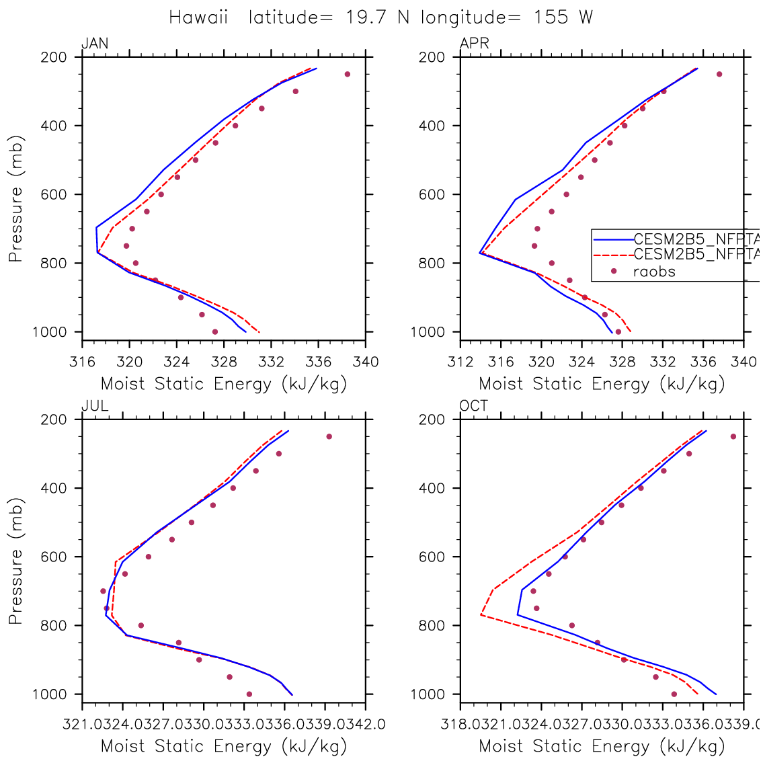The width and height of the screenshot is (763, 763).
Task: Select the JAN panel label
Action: (x=95, y=44)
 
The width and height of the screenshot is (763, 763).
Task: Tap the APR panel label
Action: (x=474, y=44)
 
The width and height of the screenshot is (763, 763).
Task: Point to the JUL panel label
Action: (x=95, y=406)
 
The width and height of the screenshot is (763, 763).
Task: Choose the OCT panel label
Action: (x=474, y=406)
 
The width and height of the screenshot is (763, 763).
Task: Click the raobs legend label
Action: (x=654, y=272)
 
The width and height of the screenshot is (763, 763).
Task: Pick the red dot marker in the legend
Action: (x=613, y=272)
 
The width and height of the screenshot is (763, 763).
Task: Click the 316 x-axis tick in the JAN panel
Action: (x=82, y=362)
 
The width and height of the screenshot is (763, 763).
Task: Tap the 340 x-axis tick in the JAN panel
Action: (x=366, y=362)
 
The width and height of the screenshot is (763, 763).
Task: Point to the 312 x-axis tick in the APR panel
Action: (x=460, y=362)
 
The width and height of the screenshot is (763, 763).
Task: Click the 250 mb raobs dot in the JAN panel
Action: (x=348, y=74)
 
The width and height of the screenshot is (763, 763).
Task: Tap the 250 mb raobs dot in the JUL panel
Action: (x=329, y=436)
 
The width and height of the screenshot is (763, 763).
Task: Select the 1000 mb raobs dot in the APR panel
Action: (x=618, y=331)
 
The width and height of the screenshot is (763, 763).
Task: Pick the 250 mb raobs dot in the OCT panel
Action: (x=733, y=436)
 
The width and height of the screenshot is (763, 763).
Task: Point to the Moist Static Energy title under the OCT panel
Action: (x=602, y=746)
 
